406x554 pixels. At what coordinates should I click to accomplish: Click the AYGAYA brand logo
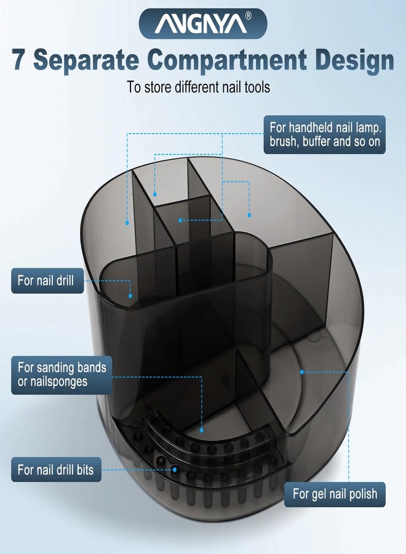pyautogui.click(x=203, y=23)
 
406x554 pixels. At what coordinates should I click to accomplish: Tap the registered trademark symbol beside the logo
pyautogui.click(x=249, y=16)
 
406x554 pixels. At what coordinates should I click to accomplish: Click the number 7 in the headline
pyautogui.click(x=18, y=60)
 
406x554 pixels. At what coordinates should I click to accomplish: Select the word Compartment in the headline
pyautogui.click(x=227, y=60)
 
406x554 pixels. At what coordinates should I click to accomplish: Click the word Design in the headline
pyautogui.click(x=354, y=61)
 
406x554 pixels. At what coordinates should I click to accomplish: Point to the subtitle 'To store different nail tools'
pyautogui.click(x=199, y=87)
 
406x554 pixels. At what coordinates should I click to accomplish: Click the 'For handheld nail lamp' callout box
pyautogui.click(x=324, y=135)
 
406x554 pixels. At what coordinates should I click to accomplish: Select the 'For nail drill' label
pyautogui.click(x=47, y=281)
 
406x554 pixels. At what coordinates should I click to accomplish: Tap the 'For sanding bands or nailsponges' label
pyautogui.click(x=62, y=375)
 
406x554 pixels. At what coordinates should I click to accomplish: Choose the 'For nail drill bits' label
pyautogui.click(x=56, y=470)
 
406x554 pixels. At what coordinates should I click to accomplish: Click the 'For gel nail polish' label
pyautogui.click(x=335, y=494)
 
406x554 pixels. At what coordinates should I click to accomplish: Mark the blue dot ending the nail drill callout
pyautogui.click(x=130, y=295)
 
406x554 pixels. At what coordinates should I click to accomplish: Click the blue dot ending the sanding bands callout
pyautogui.click(x=202, y=430)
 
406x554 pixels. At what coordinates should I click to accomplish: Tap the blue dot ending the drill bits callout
pyautogui.click(x=175, y=470)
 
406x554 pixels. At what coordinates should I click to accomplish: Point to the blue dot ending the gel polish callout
pyautogui.click(x=302, y=372)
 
